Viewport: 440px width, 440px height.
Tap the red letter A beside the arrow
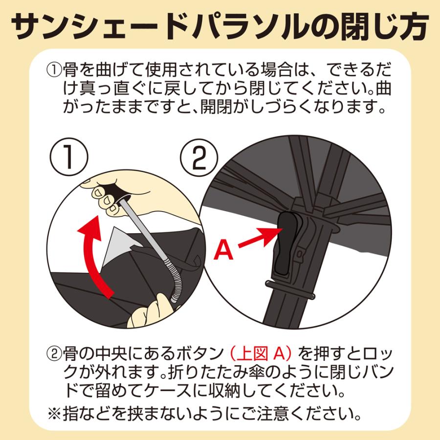[x=224, y=250]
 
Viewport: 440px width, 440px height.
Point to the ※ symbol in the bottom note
[x=54, y=415]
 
